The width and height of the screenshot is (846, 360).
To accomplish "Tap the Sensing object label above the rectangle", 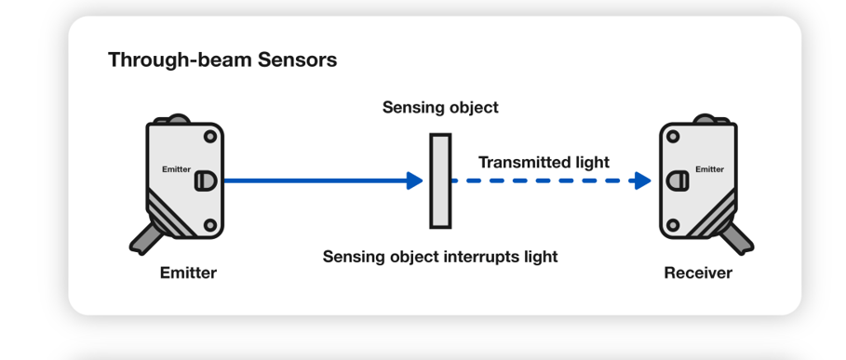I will pyautogui.click(x=440, y=107).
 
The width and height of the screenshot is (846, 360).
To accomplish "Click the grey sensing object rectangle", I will pyautogui.click(x=440, y=180).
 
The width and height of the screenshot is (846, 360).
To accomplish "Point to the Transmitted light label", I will pyautogui.click(x=544, y=162).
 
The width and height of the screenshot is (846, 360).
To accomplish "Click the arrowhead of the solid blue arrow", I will pyautogui.click(x=415, y=180).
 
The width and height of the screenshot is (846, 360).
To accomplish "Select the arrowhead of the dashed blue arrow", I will pyautogui.click(x=641, y=180).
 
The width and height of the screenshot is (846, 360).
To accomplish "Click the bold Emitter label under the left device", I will pyautogui.click(x=188, y=273).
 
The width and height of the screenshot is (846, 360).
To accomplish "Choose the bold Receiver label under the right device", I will pyautogui.click(x=698, y=273).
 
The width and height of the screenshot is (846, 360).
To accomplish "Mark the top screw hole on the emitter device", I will pyautogui.click(x=210, y=137).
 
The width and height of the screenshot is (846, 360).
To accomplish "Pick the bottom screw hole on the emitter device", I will pyautogui.click(x=210, y=225).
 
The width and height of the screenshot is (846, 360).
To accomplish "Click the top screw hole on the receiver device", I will pyautogui.click(x=673, y=137).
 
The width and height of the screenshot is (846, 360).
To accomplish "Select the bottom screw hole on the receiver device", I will pyautogui.click(x=673, y=225).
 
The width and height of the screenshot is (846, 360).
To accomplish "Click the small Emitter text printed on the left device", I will pyautogui.click(x=176, y=169).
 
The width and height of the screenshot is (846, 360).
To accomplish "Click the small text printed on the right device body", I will pyautogui.click(x=709, y=169).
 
